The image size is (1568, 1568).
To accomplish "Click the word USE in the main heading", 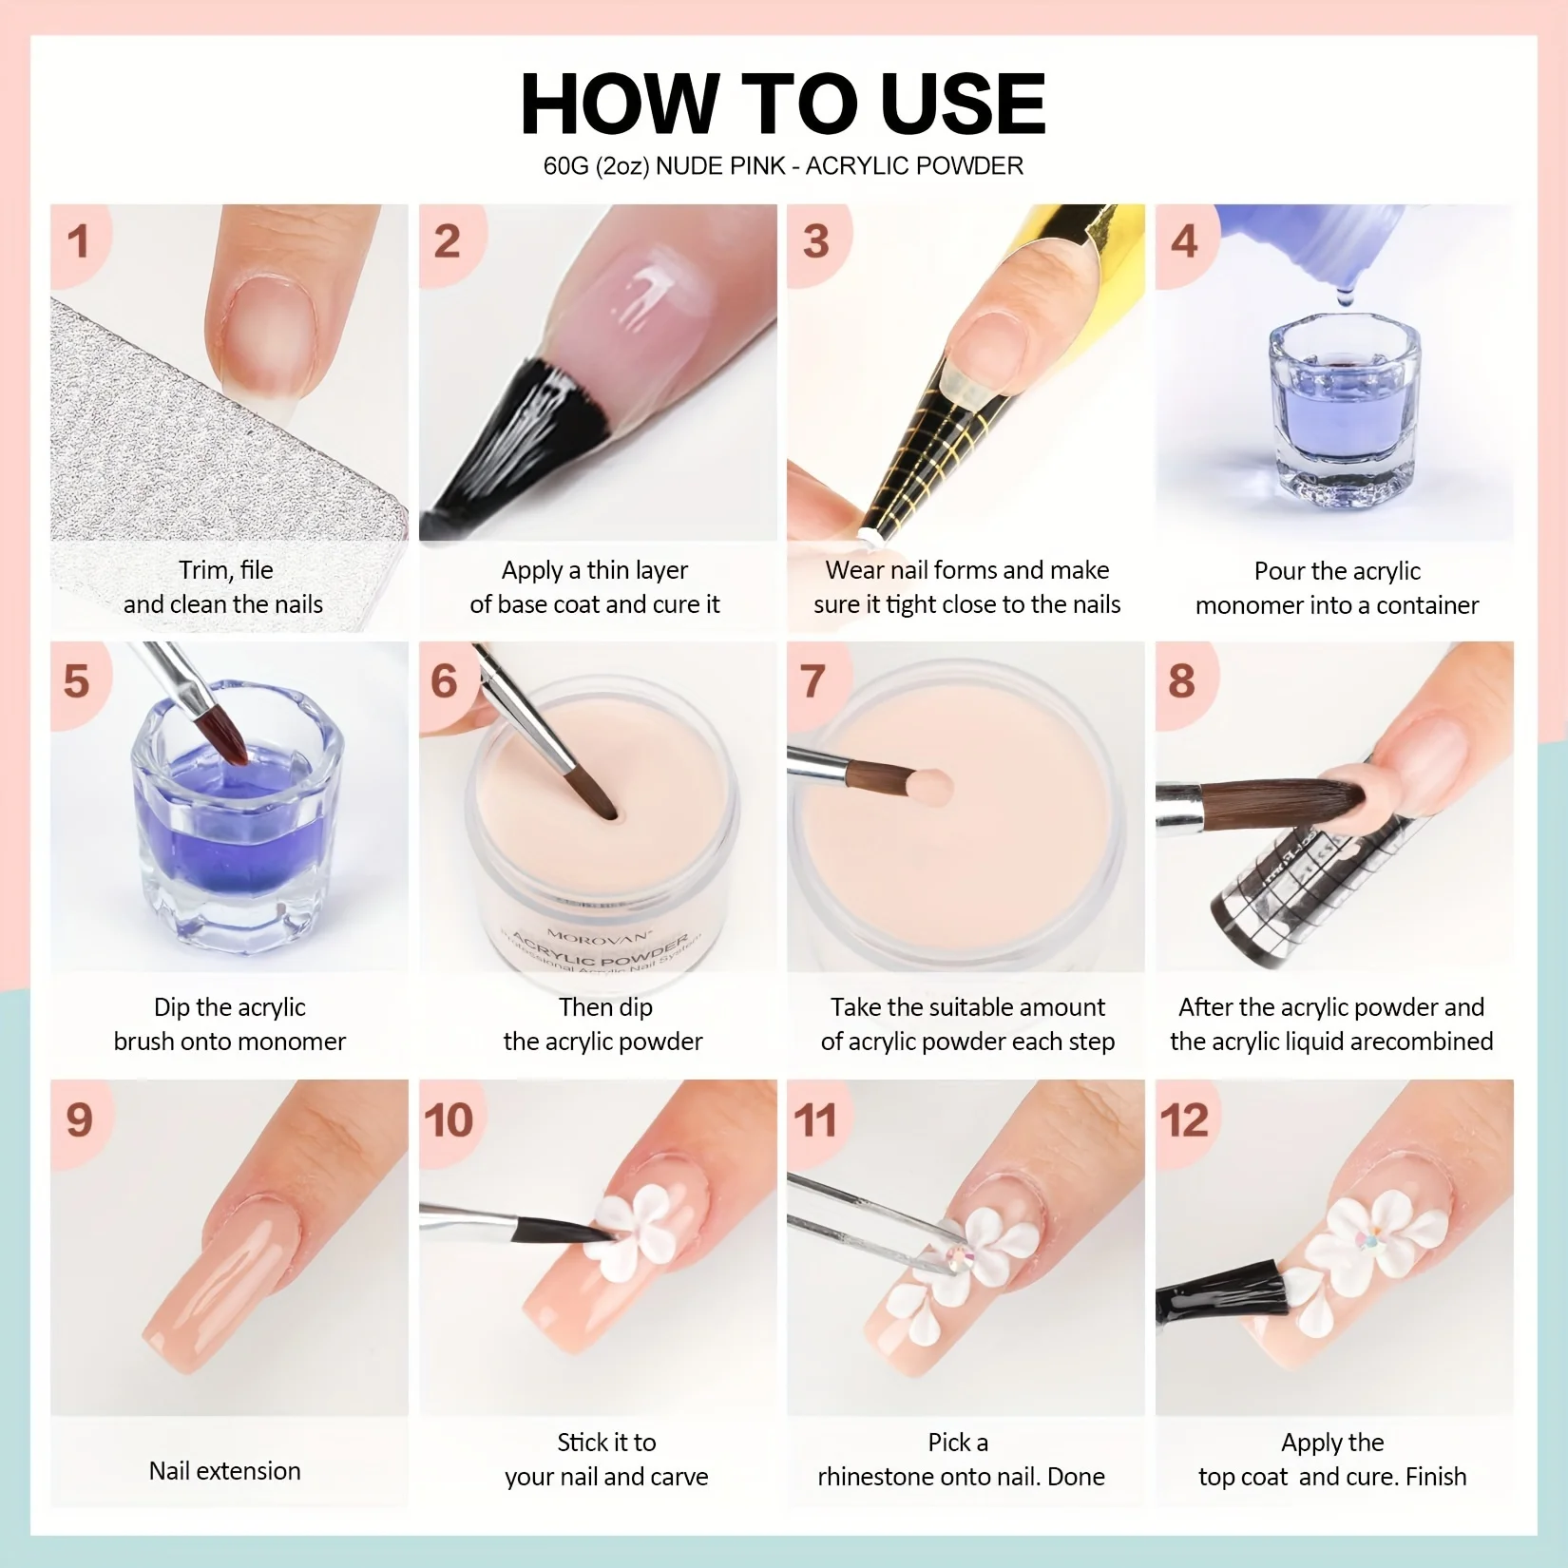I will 962,105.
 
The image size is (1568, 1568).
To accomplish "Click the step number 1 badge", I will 79,241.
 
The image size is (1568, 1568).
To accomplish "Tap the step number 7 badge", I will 813,681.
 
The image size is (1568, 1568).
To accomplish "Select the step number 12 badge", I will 1184,1119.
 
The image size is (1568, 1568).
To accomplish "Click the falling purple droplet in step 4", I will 1345,298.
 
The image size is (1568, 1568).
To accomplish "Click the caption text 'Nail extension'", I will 224,1471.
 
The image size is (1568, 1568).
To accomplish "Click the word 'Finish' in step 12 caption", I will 1435,1477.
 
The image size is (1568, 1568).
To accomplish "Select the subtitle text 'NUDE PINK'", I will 720,166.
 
